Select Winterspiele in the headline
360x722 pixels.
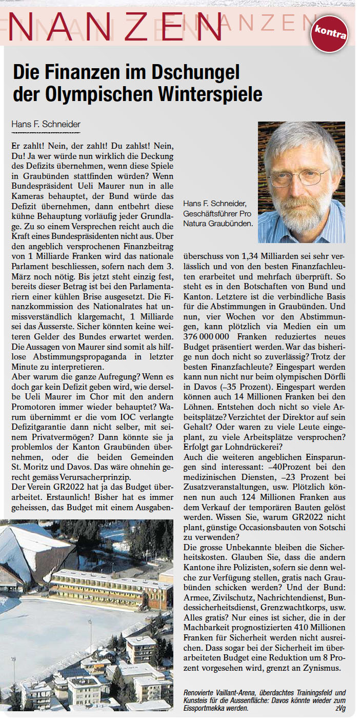[212, 94]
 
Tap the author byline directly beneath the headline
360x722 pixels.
[46, 124]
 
